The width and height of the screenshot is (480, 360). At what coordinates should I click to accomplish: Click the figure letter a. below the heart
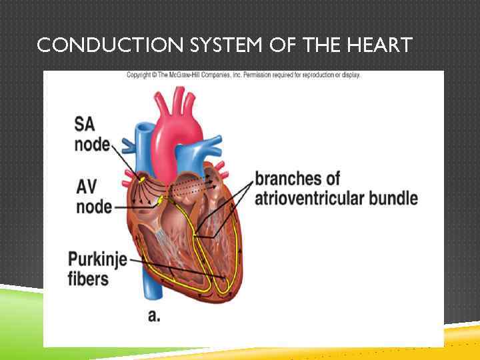(x=154, y=315)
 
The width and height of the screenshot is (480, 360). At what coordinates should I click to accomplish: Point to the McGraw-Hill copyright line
(x=243, y=75)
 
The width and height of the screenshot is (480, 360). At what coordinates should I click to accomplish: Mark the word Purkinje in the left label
(x=97, y=259)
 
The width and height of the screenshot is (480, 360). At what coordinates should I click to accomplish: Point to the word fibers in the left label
(x=88, y=278)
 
